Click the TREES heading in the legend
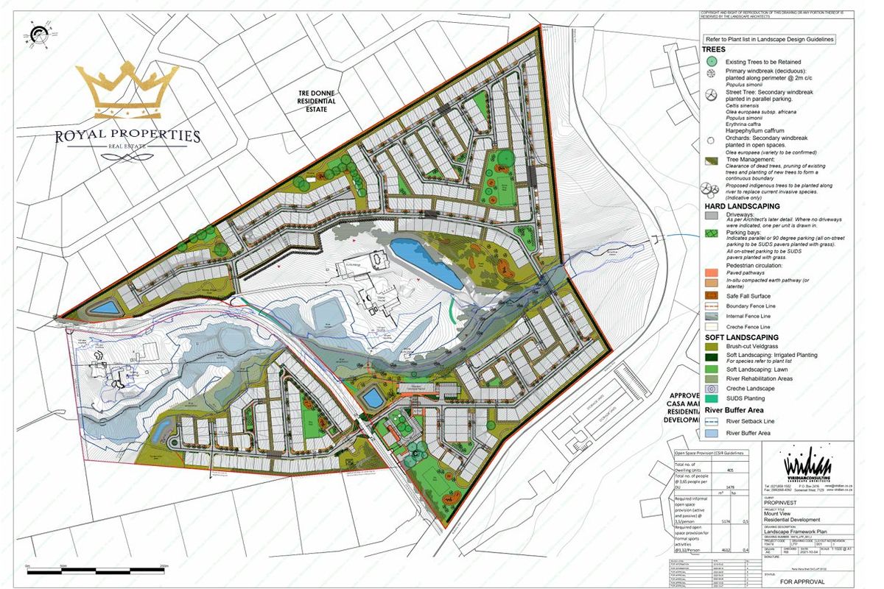[715, 49]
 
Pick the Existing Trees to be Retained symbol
[711, 62]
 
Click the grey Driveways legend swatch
[711, 216]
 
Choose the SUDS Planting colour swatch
[711, 398]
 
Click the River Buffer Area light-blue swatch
[711, 433]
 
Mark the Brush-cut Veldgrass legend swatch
[711, 346]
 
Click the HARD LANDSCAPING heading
[740, 207]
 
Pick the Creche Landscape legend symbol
[711, 388]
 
